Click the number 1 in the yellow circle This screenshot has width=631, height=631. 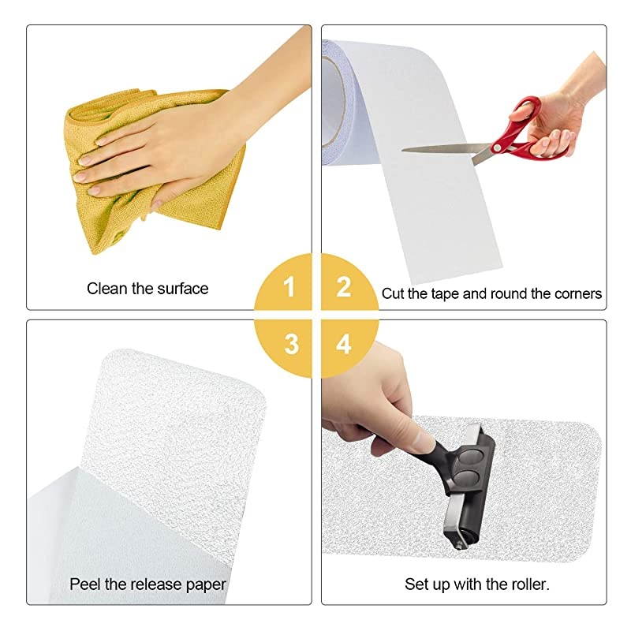[289, 287]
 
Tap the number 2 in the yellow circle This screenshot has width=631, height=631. [343, 287]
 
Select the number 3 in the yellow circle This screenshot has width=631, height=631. [291, 344]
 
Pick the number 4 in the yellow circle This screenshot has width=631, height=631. [343, 344]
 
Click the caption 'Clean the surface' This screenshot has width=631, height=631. [147, 289]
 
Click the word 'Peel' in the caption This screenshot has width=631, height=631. [84, 584]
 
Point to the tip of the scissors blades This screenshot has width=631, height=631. [405, 148]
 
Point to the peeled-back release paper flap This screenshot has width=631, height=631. [95, 528]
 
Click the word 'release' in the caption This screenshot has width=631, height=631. [159, 584]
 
